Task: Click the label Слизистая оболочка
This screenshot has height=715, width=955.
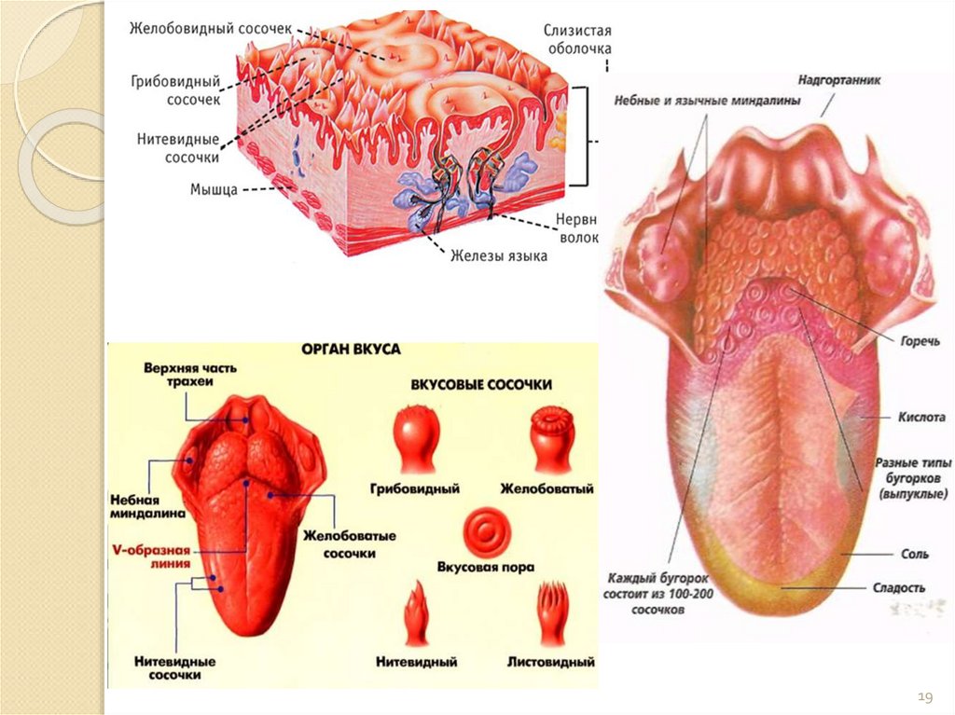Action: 577,39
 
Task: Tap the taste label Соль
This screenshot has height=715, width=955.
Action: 915,554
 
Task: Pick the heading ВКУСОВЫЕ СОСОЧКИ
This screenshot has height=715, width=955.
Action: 481,384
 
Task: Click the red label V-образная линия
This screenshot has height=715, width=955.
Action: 151,556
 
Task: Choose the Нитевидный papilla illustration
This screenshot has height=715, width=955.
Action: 415,616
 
